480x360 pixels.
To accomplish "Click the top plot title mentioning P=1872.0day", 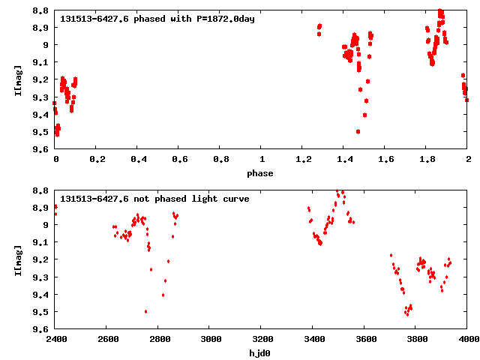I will click(157, 19).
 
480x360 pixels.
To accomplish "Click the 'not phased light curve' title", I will click(154, 199).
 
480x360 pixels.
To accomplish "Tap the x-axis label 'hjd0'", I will click(261, 353).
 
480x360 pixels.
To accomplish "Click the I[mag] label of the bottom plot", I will click(18, 259).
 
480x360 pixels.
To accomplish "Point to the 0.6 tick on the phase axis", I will click(179, 160).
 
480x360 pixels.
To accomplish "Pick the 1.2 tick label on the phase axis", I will click(303, 160).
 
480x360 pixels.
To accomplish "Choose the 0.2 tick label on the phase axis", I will click(97, 160).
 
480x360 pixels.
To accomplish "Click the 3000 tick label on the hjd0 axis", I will click(210, 340).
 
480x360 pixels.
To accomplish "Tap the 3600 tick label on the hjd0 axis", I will click(364, 340).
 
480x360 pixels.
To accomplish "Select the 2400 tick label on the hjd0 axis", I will click(55, 340).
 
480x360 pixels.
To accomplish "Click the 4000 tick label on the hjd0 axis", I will click(467, 340).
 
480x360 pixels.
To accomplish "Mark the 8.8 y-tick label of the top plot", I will click(40, 10).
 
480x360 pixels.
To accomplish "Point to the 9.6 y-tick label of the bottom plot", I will click(40, 329).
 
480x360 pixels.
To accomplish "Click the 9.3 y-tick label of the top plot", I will click(40, 97).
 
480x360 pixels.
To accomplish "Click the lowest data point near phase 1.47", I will click(358, 131).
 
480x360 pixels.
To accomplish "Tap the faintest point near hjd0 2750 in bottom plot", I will click(145, 311).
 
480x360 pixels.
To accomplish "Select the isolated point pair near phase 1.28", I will click(319, 30).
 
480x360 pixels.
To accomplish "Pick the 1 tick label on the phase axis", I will click(262, 160).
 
